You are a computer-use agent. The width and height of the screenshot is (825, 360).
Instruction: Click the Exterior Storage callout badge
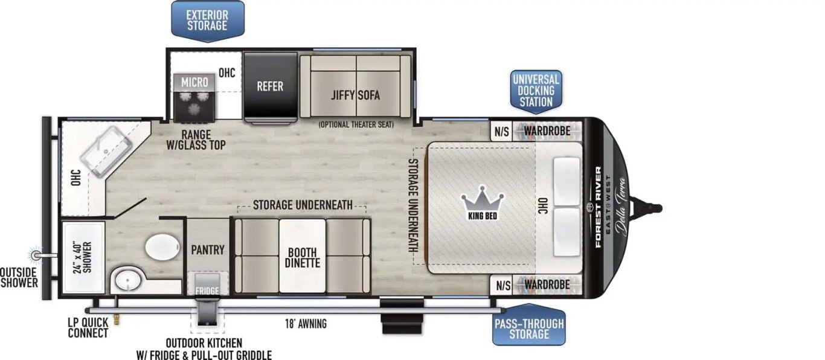coord(207,20)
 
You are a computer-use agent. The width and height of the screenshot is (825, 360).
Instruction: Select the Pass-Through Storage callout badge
coord(528,328)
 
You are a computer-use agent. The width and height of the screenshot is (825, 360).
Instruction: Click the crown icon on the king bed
coord(482,199)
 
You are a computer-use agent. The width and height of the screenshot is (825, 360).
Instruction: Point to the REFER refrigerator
coord(270,86)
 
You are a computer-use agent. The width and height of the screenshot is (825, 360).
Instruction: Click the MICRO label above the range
coord(194,82)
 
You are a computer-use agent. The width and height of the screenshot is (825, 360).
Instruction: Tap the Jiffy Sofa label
coord(356,95)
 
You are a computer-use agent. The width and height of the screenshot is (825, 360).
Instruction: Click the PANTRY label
coord(208,249)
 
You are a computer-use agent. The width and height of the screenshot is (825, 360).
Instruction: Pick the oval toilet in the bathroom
coord(163,248)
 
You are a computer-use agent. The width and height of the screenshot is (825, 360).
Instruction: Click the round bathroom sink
coord(127,281)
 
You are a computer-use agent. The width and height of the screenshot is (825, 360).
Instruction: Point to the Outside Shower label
coord(19,277)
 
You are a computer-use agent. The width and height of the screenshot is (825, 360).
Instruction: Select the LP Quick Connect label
coord(88,328)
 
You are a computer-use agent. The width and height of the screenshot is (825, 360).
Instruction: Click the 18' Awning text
coord(307,324)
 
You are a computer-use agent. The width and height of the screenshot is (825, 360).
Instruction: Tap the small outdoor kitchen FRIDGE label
coord(207,291)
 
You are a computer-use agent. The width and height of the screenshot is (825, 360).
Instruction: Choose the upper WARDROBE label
coord(547,130)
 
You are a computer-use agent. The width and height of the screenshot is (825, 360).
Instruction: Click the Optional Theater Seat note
coord(356,124)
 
